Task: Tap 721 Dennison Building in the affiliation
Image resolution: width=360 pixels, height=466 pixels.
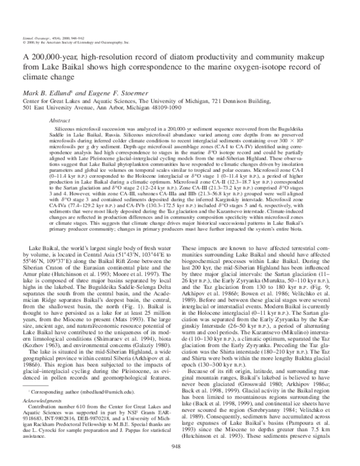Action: (x=264, y=101)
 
